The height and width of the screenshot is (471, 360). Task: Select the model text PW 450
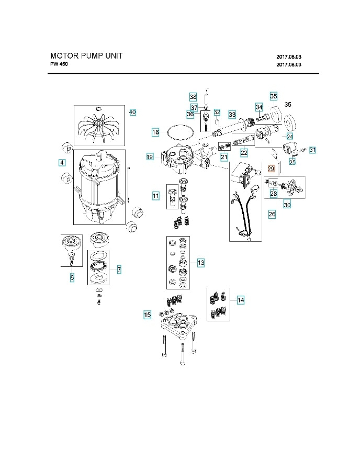pyautogui.click(x=59, y=64)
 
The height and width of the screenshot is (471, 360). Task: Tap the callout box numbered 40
pyautogui.click(x=132, y=112)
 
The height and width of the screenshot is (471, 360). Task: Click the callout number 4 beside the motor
pyautogui.click(x=62, y=163)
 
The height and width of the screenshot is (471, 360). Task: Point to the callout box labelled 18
pyautogui.click(x=155, y=132)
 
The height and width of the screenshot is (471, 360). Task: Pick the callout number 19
pyautogui.click(x=150, y=156)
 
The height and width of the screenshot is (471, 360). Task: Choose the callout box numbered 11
pyautogui.click(x=155, y=196)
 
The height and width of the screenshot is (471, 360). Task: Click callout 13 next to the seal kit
pyautogui.click(x=201, y=262)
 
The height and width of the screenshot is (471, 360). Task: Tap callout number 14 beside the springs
pyautogui.click(x=240, y=300)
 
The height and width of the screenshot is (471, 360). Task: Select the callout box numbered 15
pyautogui.click(x=148, y=315)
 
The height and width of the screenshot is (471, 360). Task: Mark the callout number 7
pyautogui.click(x=119, y=270)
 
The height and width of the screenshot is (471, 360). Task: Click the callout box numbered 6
pyautogui.click(x=72, y=277)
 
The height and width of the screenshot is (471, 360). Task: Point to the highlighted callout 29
pyautogui.click(x=271, y=169)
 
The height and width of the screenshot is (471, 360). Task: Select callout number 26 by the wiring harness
pyautogui.click(x=272, y=214)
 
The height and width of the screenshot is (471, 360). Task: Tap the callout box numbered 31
pyautogui.click(x=312, y=150)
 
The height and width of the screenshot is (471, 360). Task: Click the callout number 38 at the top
pyautogui.click(x=193, y=97)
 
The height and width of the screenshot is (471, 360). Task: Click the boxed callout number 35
pyautogui.click(x=274, y=96)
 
